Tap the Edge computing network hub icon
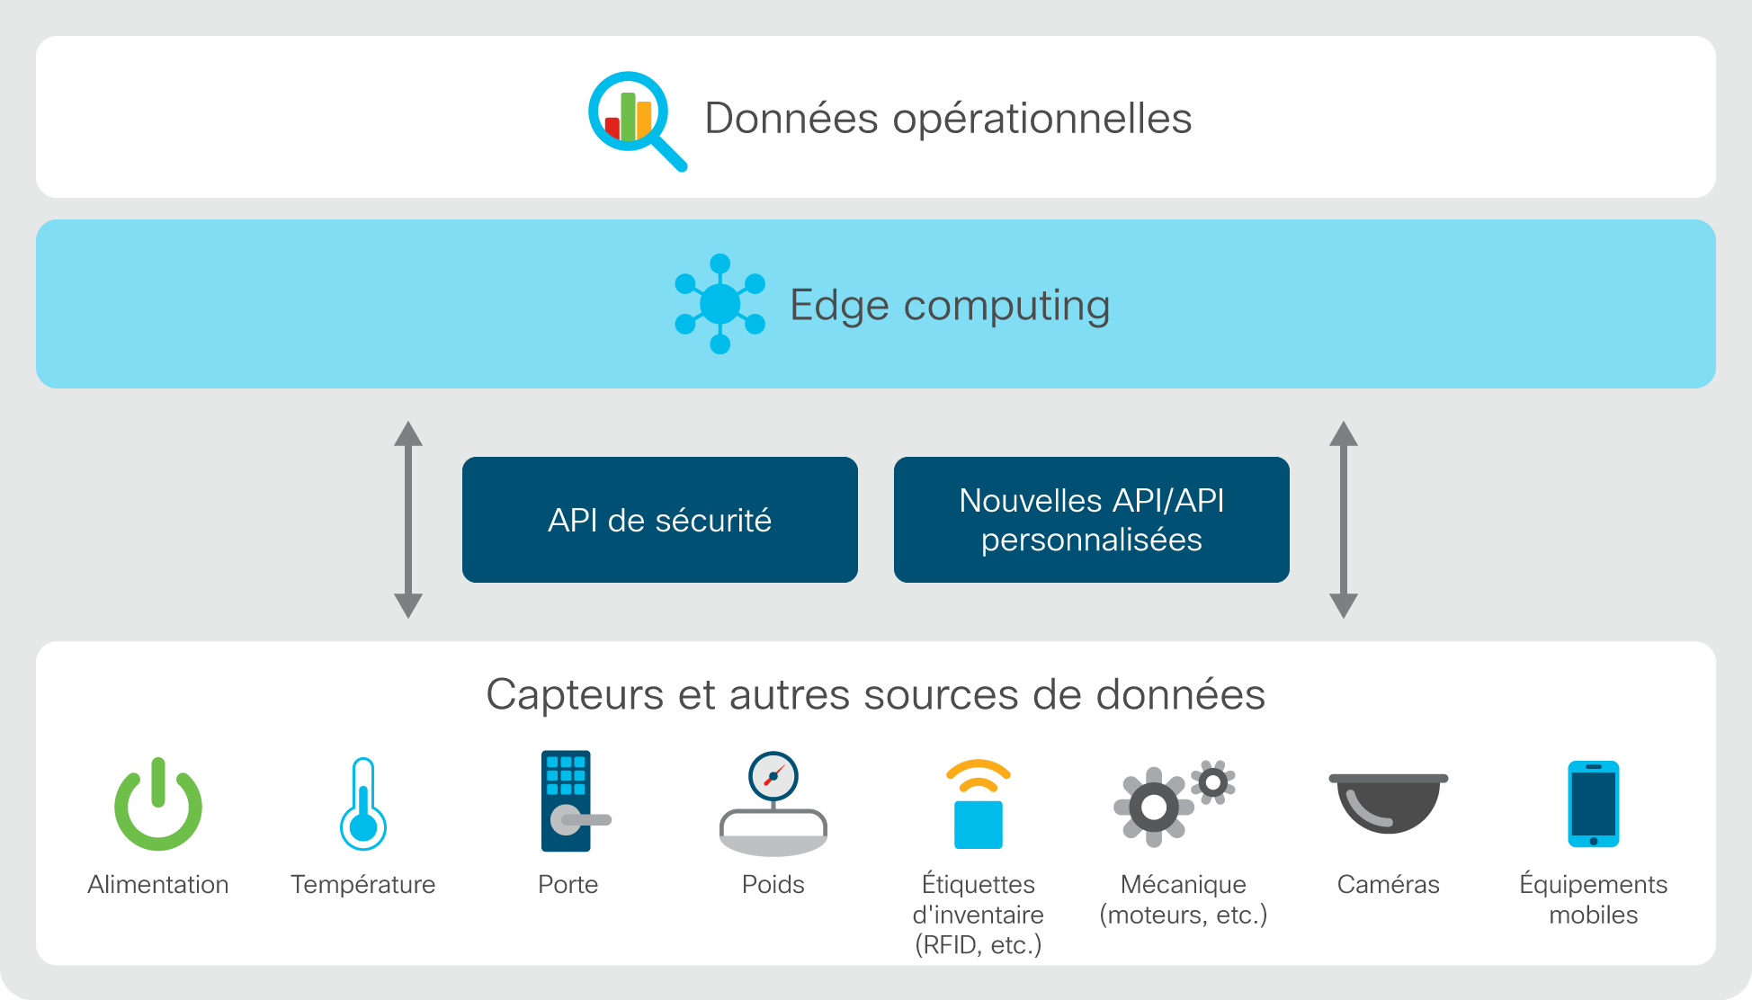click(720, 304)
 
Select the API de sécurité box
click(660, 520)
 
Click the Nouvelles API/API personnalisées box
click(1092, 520)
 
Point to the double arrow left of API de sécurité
click(408, 520)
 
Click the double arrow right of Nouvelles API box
click(1344, 520)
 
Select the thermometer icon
click(363, 804)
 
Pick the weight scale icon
click(773, 803)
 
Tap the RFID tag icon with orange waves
click(979, 804)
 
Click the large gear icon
click(1154, 807)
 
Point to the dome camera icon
click(1389, 803)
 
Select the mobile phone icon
click(1594, 804)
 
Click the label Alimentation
click(158, 885)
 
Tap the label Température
click(363, 885)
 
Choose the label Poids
click(773, 885)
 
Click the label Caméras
click(1389, 885)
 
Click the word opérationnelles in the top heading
click(1042, 119)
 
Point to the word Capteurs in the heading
click(576, 695)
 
